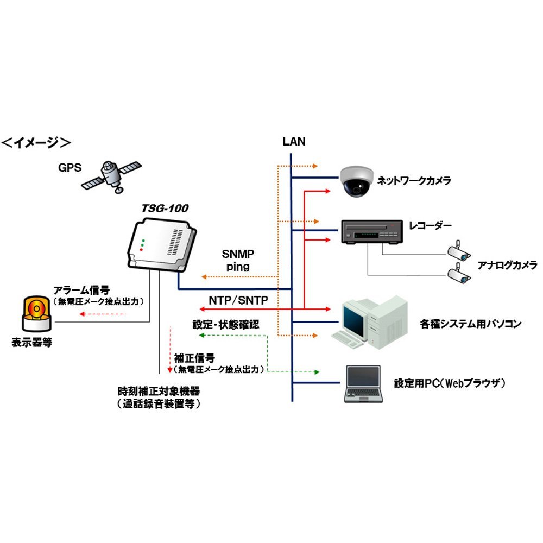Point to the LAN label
294,142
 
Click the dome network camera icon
356,180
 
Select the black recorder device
371,232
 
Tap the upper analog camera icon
459,250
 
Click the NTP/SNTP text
238,300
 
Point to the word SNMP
238,254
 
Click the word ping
238,267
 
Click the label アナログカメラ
507,265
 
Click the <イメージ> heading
36,143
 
